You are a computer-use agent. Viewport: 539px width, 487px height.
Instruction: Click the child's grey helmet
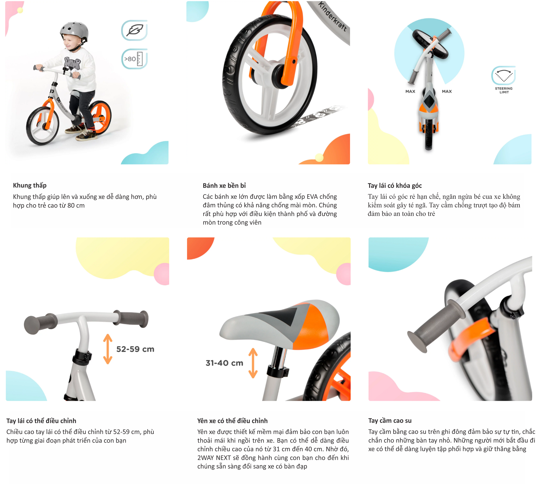click(74, 33)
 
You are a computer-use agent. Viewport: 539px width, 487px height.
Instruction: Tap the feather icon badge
click(134, 30)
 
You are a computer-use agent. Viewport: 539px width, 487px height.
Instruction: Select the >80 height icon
click(134, 59)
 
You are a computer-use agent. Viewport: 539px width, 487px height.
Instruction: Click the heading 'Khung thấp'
click(30, 185)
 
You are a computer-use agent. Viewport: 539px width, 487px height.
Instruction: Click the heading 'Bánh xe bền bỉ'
click(224, 186)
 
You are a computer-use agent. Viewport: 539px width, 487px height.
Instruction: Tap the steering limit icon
click(503, 75)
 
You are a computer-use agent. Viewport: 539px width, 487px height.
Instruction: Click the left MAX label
click(410, 91)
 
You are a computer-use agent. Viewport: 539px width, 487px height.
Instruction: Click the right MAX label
click(447, 91)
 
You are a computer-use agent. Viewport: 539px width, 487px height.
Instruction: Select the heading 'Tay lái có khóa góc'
click(395, 186)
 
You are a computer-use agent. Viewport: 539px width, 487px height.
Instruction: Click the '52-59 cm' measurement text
click(135, 349)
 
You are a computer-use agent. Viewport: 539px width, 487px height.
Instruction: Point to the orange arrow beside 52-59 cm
click(108, 349)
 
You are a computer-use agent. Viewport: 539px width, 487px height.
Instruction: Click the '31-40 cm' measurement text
click(224, 363)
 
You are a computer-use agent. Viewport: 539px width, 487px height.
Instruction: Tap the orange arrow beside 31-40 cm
click(253, 363)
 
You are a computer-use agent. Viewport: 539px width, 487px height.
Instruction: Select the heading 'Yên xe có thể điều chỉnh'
click(232, 421)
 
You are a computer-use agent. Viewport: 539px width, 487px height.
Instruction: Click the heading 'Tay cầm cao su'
click(390, 421)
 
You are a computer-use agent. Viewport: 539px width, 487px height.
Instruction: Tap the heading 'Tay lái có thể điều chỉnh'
click(41, 421)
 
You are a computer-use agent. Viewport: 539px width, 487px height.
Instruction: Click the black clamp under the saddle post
click(278, 371)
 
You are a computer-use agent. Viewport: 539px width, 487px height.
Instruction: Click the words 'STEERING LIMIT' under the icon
click(504, 90)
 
